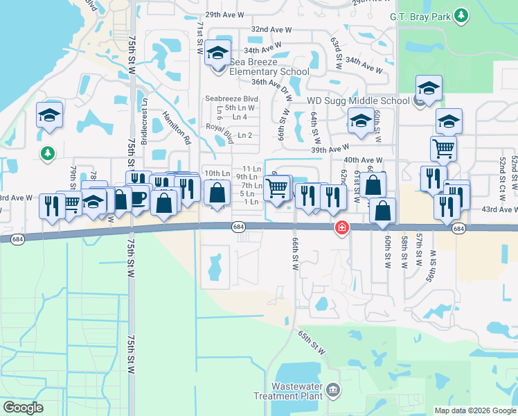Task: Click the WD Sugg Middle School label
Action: pos(358,101)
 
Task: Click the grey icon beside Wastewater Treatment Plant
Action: pos(333,390)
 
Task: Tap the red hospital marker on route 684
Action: pos(341,227)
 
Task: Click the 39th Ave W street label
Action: pos(330,149)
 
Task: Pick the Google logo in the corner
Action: pos(24,408)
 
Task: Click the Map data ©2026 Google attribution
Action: pos(475,410)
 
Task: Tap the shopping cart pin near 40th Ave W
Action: pos(443,148)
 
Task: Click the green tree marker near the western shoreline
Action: pos(48,153)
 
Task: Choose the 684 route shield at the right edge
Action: pos(458,227)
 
